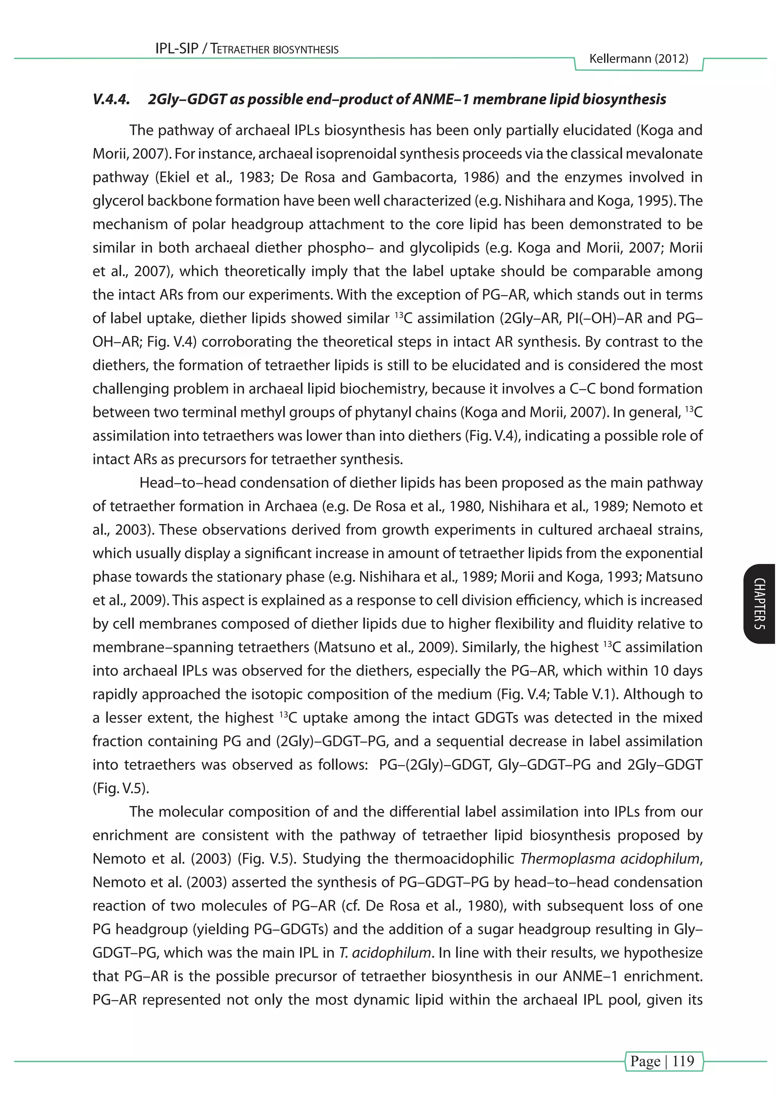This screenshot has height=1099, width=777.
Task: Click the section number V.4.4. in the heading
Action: pos(111,99)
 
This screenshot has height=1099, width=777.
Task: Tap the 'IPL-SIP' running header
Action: pos(176,49)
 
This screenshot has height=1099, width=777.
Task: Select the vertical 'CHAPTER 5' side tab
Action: pos(759,604)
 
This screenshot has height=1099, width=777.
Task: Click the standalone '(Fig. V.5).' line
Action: pos(121,788)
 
